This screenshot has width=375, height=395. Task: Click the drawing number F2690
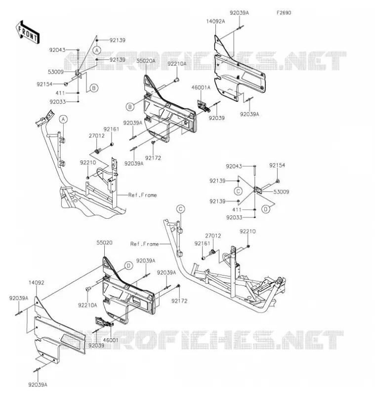(x=284, y=13)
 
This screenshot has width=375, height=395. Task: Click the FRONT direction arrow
(x=28, y=33)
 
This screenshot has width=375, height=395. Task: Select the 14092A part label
(x=215, y=21)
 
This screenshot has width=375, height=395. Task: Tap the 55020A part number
(x=146, y=61)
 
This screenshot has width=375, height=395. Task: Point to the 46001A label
(x=201, y=87)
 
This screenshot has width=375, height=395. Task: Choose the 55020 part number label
(x=104, y=242)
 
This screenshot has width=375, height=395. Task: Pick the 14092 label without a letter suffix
(x=36, y=282)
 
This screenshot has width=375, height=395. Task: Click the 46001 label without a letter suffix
(x=110, y=340)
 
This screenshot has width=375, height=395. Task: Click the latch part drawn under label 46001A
(x=204, y=106)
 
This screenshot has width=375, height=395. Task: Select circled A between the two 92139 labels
(x=97, y=50)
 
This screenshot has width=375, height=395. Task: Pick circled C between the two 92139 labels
(x=238, y=191)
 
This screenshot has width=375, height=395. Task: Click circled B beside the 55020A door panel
(x=130, y=107)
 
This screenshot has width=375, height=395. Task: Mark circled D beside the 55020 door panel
(x=128, y=266)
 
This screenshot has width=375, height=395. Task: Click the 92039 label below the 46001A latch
(x=216, y=118)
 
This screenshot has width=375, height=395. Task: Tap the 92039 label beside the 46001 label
(x=96, y=346)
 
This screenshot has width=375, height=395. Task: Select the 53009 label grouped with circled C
(x=281, y=192)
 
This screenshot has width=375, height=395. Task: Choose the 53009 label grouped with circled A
(x=56, y=72)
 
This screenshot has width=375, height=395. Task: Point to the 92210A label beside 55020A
(x=177, y=64)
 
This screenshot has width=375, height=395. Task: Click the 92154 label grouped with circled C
(x=277, y=165)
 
